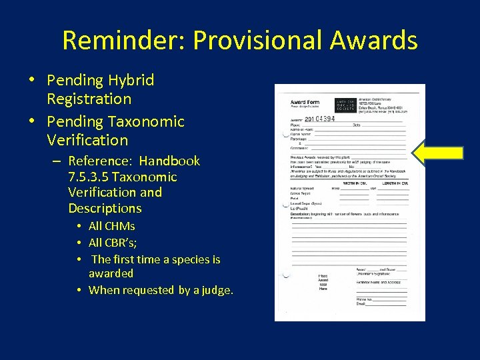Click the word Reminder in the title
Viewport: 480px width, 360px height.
123,41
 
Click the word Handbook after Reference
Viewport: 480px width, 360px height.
169,161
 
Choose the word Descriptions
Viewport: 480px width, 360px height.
105,208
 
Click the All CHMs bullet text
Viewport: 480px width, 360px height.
111,227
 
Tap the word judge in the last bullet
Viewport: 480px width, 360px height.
214,290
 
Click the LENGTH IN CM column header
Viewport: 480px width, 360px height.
395,183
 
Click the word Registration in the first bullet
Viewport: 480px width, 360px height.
89,99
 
